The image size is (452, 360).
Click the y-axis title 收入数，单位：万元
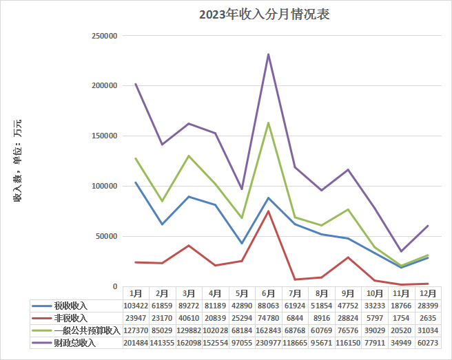pyautogui.click(x=17, y=160)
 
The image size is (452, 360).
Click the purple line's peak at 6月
pyautogui.click(x=268, y=54)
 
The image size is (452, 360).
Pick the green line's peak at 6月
pyautogui.click(x=268, y=123)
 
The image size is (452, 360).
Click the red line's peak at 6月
pyautogui.click(x=268, y=211)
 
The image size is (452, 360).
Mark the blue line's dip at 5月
pyautogui.click(x=241, y=243)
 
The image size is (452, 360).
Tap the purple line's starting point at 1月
pyautogui.click(x=136, y=84)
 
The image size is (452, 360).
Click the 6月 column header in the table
pyautogui.click(x=268, y=293)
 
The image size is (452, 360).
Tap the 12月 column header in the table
pyautogui.click(x=427, y=293)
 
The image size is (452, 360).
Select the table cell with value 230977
pyautogui.click(x=268, y=343)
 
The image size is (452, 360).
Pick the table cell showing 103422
pyautogui.click(x=136, y=305)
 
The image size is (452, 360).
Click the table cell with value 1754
pyautogui.click(x=401, y=318)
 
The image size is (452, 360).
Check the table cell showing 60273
pyautogui.click(x=427, y=343)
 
